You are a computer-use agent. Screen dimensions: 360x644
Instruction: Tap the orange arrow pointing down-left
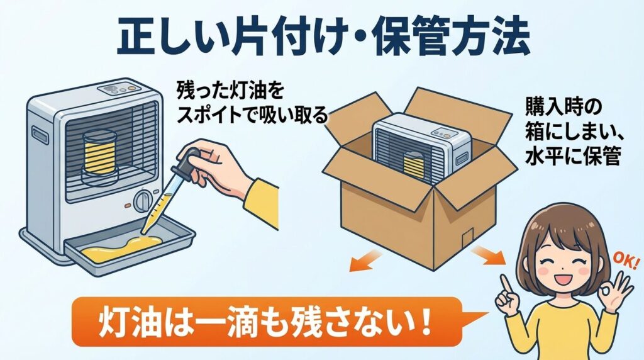pos(367,259)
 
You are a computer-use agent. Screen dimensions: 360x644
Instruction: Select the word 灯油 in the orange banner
pos(125,320)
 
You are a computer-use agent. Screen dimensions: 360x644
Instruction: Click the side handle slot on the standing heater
pos(40,135)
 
